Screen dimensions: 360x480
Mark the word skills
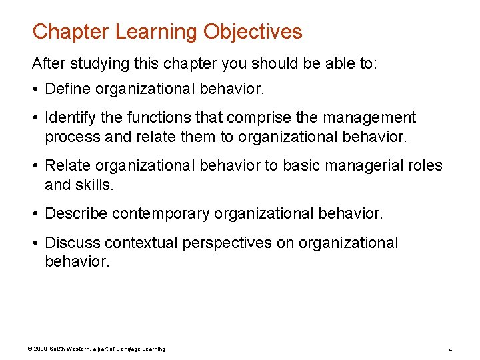point(95,185)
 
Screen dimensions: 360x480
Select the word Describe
point(75,214)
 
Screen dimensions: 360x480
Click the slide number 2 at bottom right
point(450,349)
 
